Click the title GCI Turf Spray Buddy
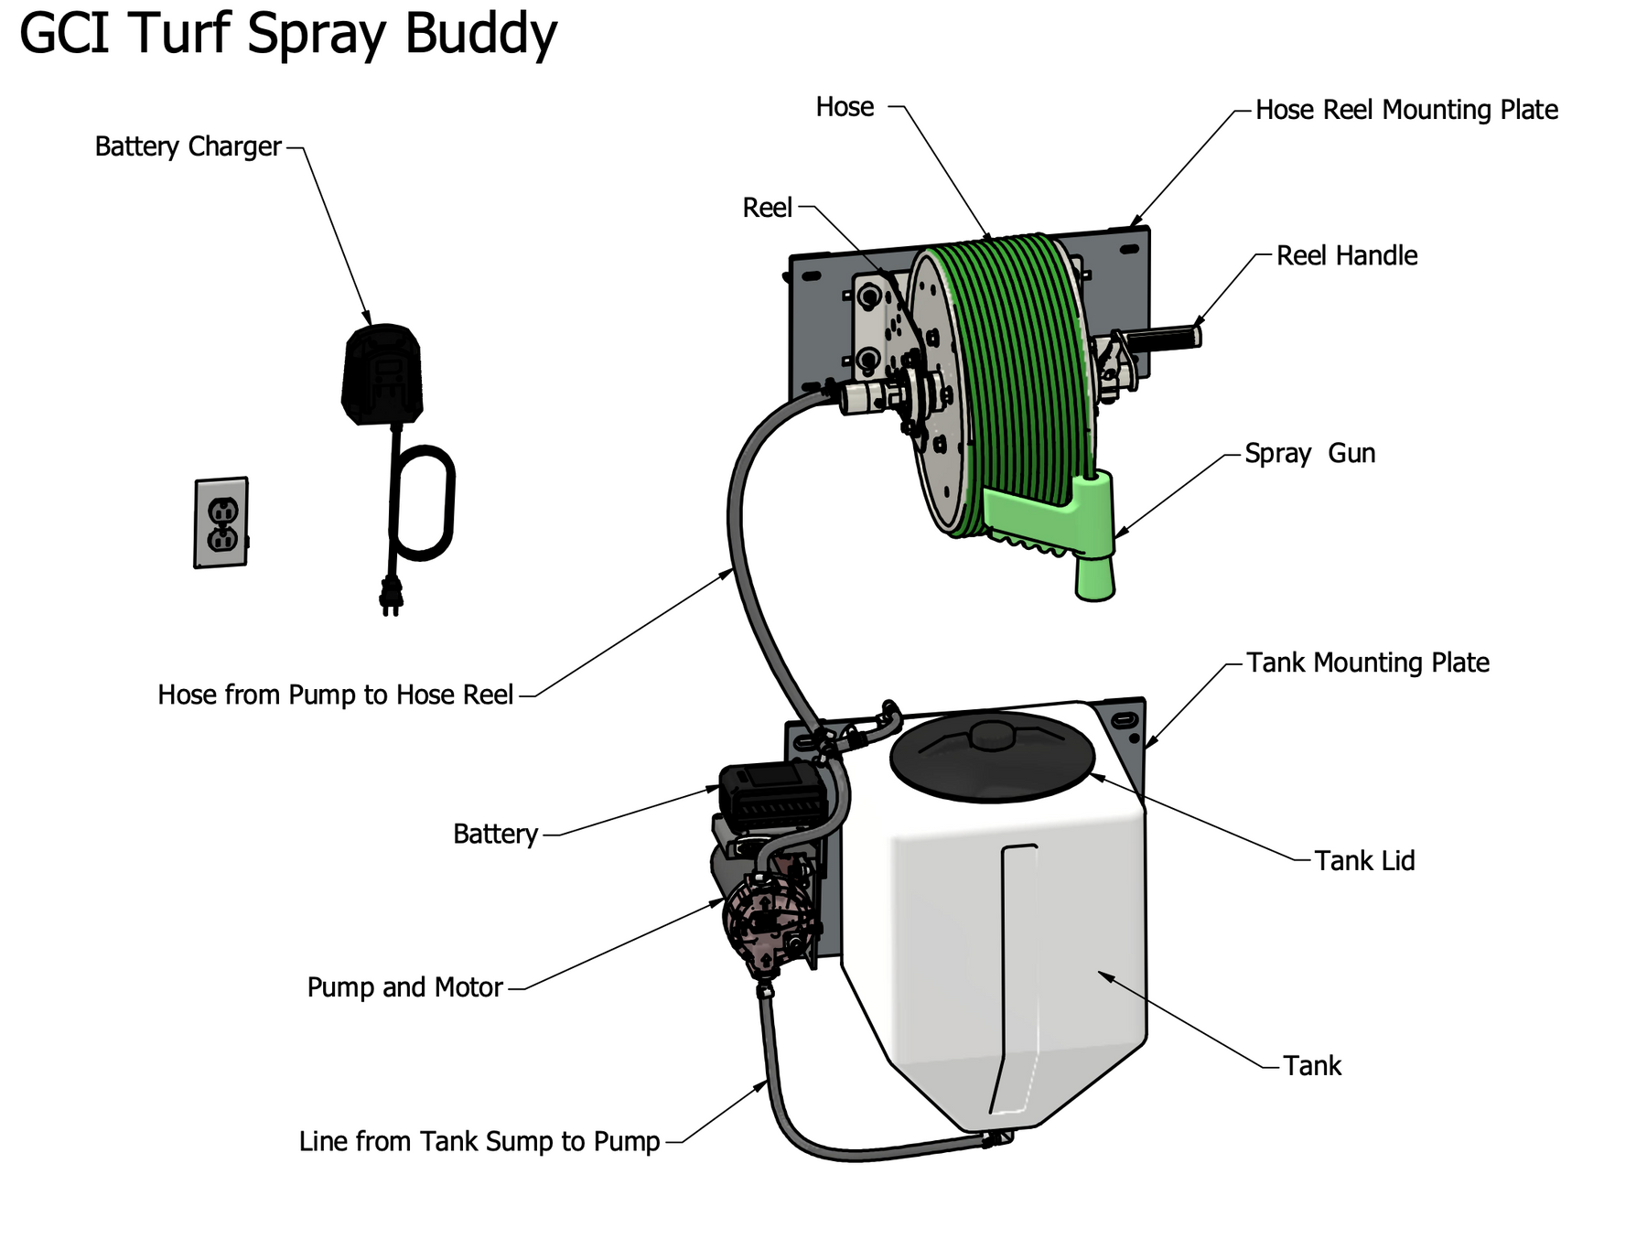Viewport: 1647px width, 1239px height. point(287,34)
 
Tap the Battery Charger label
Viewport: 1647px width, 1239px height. point(188,146)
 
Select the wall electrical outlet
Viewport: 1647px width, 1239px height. point(221,523)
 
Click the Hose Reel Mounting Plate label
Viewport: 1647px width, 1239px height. point(1405,110)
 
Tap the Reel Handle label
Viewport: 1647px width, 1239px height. point(1346,255)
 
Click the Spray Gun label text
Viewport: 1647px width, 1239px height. point(1309,454)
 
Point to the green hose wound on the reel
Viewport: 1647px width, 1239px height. point(1016,366)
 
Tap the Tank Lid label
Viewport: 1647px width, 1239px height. point(1364,861)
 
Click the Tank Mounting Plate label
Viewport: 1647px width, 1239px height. point(1367,663)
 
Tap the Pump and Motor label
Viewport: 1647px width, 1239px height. point(404,987)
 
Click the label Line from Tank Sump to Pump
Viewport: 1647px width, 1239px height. point(479,1142)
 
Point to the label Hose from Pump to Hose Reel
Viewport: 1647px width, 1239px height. point(335,695)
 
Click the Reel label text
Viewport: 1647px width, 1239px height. point(767,208)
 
